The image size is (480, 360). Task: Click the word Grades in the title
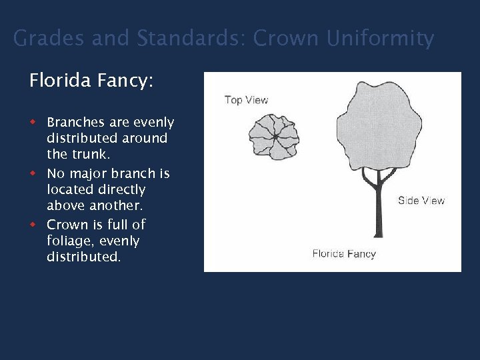point(49,39)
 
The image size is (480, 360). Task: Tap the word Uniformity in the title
point(380,39)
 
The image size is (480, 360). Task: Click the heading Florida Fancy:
point(91,81)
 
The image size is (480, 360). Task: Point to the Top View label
point(246,100)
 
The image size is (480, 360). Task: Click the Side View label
point(421,201)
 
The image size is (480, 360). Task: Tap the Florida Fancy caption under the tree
point(344,253)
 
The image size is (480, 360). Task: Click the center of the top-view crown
point(274,137)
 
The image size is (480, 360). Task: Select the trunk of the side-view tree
point(378,207)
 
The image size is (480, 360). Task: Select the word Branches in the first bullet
point(76,123)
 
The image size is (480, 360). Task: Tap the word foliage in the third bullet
point(69,241)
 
